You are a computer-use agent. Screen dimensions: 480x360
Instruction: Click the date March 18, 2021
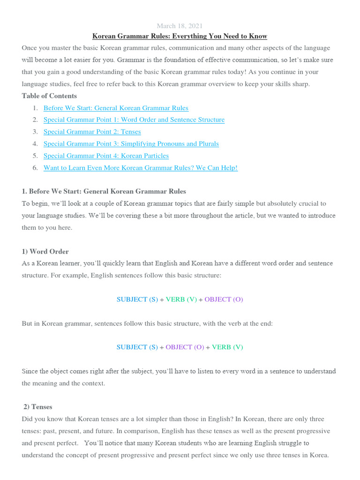(180, 26)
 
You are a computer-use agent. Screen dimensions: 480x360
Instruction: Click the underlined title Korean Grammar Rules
(180, 36)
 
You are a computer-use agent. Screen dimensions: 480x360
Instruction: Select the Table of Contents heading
(49, 96)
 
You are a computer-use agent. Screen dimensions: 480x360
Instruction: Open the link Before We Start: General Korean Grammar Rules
(116, 108)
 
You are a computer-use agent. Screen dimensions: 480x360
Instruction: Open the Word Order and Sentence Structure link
(134, 120)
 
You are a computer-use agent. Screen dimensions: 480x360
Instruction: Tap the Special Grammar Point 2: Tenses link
(92, 132)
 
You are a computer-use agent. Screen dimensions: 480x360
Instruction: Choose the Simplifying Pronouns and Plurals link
(131, 143)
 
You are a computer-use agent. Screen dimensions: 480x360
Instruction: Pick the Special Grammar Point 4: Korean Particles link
(106, 156)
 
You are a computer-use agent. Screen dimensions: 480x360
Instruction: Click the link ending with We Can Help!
(141, 168)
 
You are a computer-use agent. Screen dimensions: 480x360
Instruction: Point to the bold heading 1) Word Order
(45, 251)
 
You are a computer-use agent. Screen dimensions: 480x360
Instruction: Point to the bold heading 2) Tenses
(38, 407)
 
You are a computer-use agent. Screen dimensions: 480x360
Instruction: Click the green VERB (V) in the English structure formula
(181, 299)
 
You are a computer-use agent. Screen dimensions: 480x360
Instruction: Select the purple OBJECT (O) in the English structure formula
(224, 299)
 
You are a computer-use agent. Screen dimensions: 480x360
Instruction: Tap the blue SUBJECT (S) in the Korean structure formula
(137, 347)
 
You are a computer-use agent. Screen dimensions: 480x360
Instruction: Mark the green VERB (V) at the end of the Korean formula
(227, 347)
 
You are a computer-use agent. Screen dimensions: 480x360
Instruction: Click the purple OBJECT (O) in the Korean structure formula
(185, 347)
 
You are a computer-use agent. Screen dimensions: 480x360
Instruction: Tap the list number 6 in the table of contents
(35, 168)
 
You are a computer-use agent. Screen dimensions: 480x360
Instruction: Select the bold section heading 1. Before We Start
(104, 191)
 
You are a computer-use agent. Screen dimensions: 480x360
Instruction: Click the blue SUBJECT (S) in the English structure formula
(137, 299)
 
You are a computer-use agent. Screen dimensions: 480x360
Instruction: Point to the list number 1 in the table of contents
(35, 108)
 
